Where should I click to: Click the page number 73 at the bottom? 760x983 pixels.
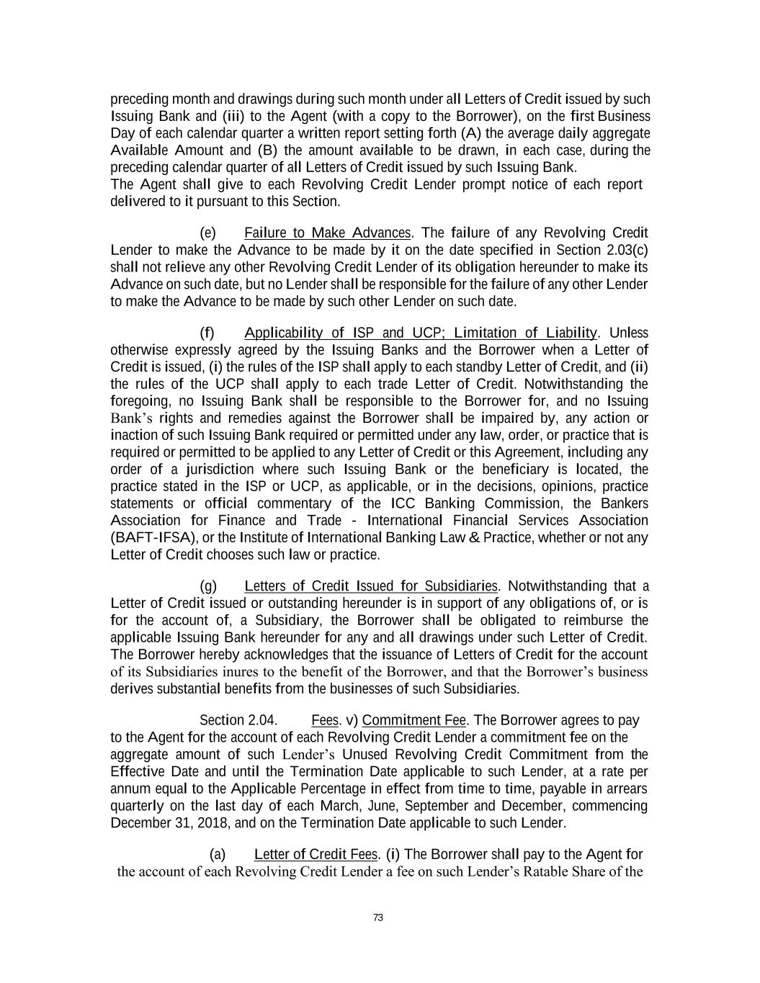pos(378,917)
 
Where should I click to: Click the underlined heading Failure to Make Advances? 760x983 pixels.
pos(327,233)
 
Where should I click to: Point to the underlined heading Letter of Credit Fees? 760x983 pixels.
pos(316,854)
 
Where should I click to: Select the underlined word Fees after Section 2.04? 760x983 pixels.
pos(325,720)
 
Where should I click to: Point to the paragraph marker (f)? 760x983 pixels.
pos(207,333)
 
